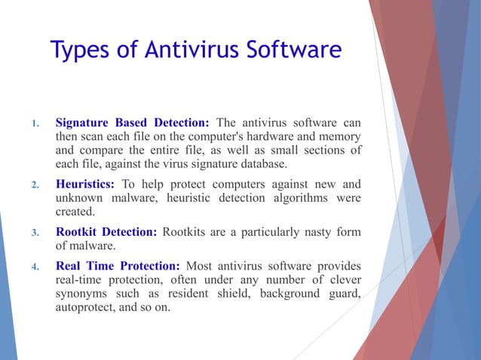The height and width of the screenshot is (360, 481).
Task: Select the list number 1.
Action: click(x=34, y=124)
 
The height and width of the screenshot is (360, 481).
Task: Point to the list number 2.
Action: click(x=34, y=185)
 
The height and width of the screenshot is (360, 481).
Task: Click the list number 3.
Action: click(x=34, y=233)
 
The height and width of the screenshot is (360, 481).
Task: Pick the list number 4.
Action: click(x=34, y=267)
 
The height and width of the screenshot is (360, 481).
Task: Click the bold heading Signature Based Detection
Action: click(x=132, y=123)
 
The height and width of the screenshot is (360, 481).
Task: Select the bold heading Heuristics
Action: click(x=85, y=184)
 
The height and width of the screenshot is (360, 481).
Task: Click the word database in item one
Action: click(x=260, y=164)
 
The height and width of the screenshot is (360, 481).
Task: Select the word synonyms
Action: click(x=82, y=294)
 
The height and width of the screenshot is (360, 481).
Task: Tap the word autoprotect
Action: click(x=84, y=307)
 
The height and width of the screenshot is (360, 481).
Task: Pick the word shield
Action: click(x=230, y=294)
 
